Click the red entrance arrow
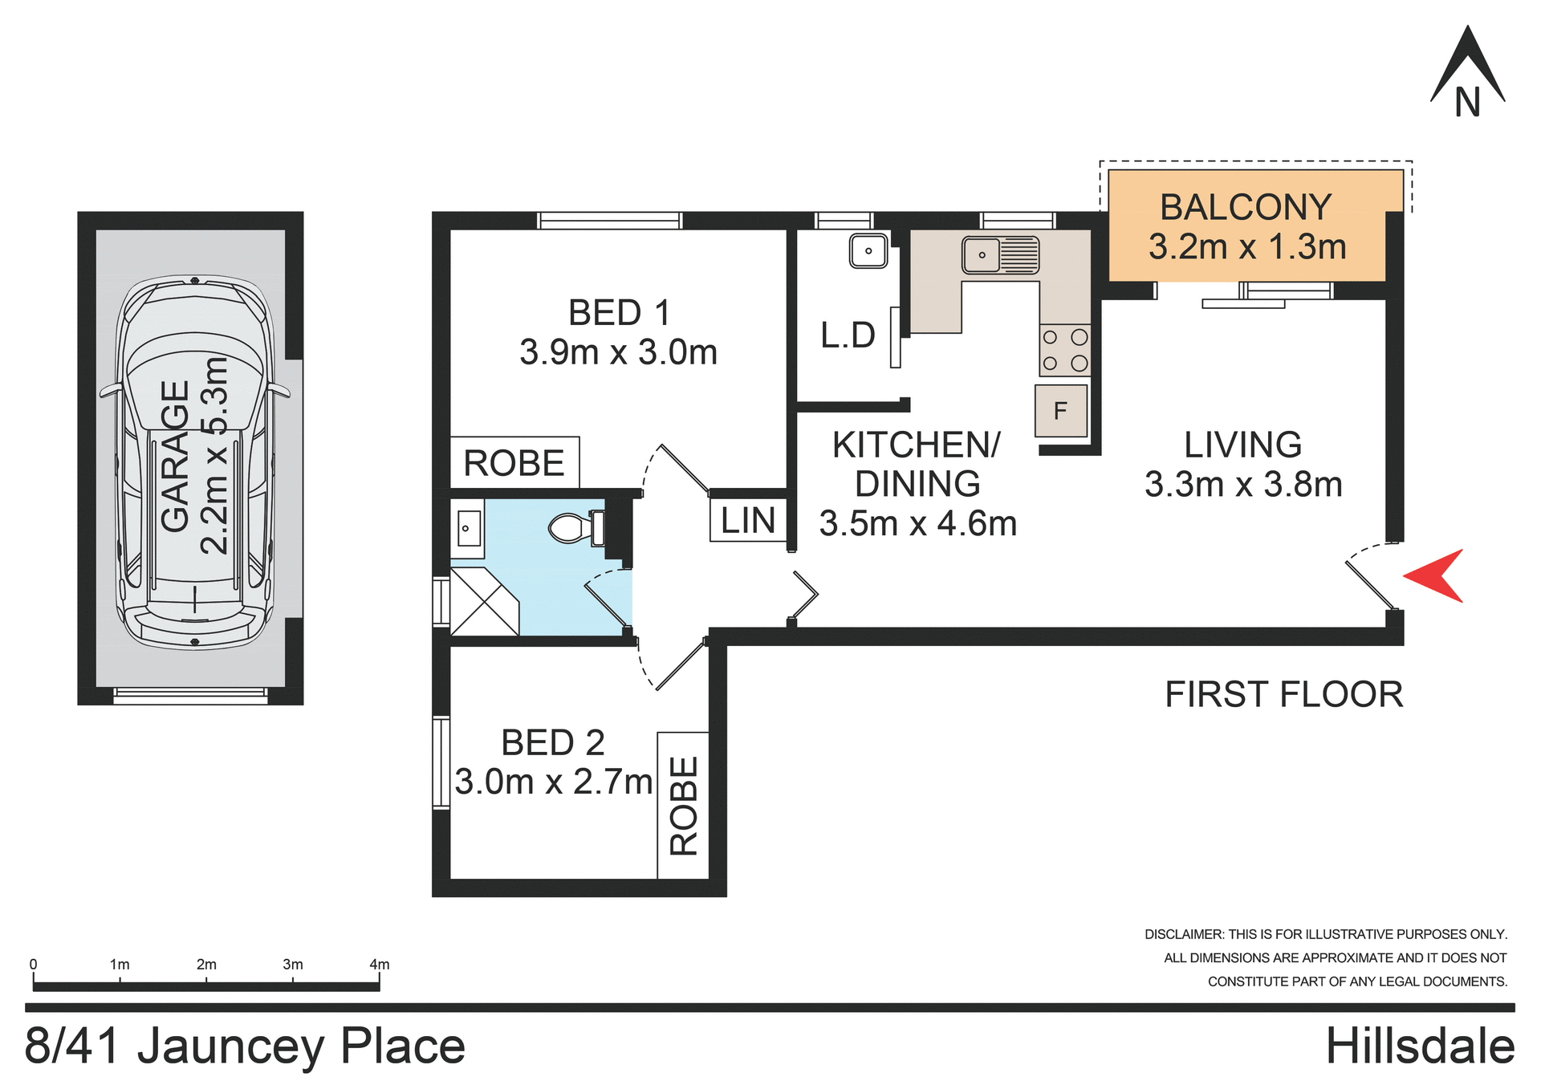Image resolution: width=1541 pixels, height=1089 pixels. click(1437, 575)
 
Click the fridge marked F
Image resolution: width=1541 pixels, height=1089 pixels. click(1060, 411)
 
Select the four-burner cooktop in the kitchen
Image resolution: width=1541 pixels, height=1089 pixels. click(1064, 350)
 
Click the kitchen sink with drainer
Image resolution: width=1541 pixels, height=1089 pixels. click(1000, 255)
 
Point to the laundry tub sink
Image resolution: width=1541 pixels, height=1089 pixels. click(868, 250)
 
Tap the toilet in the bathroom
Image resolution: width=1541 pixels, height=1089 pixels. click(575, 527)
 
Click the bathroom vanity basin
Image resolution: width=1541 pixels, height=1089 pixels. click(467, 528)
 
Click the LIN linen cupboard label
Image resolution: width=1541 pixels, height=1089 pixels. click(748, 521)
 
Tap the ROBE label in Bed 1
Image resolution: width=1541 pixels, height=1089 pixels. click(514, 463)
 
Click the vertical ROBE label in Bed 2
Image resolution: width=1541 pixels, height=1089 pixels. click(684, 806)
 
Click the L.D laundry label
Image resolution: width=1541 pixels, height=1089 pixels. click(848, 335)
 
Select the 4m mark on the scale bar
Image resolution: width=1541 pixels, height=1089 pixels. click(379, 965)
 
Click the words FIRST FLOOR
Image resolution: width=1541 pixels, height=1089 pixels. click(1283, 694)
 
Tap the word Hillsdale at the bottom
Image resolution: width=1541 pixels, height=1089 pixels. click(1419, 1046)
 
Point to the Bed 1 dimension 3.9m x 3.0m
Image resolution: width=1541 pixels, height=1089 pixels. click(618, 352)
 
